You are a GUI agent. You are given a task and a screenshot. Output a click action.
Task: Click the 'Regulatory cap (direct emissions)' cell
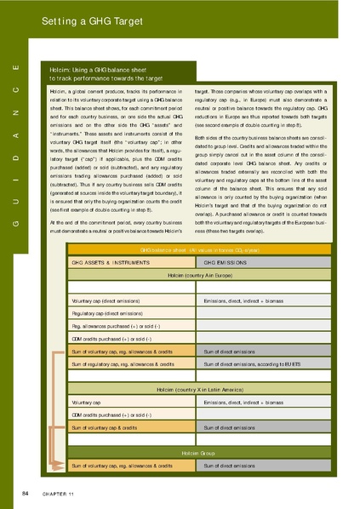(x=107, y=314)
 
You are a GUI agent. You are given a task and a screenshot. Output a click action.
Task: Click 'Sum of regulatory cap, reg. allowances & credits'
(x=123, y=363)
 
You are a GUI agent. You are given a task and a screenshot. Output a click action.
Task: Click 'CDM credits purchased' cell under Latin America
(x=116, y=414)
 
